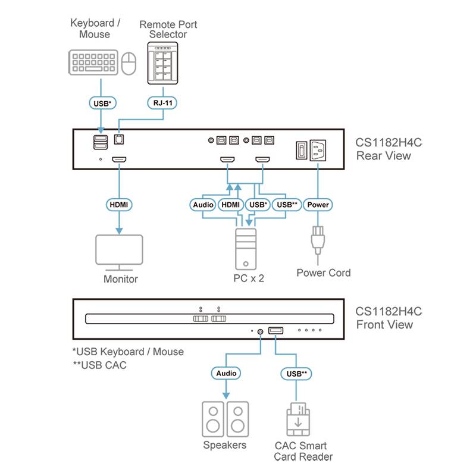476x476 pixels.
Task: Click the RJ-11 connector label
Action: tap(161, 103)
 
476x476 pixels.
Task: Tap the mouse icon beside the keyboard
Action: tap(129, 62)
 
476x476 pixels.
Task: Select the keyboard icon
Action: tap(93, 62)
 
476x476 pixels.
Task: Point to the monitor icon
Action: tap(120, 252)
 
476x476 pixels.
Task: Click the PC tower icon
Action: tap(246, 249)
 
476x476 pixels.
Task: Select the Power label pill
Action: tap(318, 205)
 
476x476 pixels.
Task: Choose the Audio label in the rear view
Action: tap(203, 205)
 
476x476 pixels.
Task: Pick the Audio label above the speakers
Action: tap(226, 373)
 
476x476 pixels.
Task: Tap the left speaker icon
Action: tap(213, 419)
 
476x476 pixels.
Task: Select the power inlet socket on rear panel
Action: tap(317, 151)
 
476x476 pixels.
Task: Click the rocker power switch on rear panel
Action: tap(301, 151)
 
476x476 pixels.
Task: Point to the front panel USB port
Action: tap(275, 330)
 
